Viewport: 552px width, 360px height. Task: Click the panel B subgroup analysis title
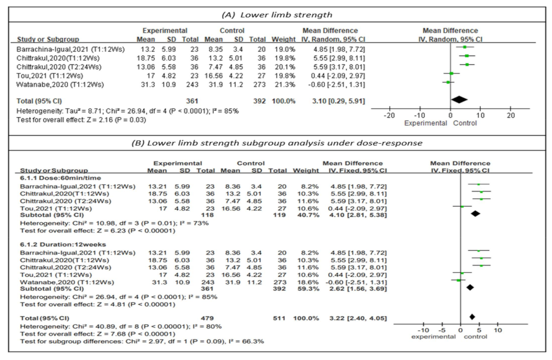pyautogui.click(x=276, y=143)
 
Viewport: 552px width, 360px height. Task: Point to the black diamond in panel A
pyautogui.click(x=459, y=99)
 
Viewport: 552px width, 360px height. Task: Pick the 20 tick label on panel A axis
pyautogui.click(x=510, y=116)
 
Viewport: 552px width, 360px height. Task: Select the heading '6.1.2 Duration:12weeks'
pyautogui.click(x=59, y=244)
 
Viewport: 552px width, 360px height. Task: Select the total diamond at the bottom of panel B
pyautogui.click(x=472, y=316)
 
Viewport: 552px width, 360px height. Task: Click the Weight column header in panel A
pyautogui.click(x=280, y=39)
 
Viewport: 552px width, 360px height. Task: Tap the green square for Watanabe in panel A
pyautogui.click(x=448, y=82)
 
